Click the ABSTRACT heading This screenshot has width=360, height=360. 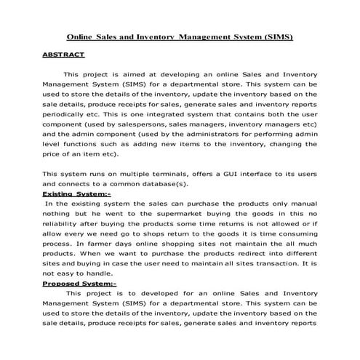tap(63, 55)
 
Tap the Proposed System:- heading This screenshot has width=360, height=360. tap(79, 284)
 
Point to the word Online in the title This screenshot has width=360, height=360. tap(82, 36)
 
